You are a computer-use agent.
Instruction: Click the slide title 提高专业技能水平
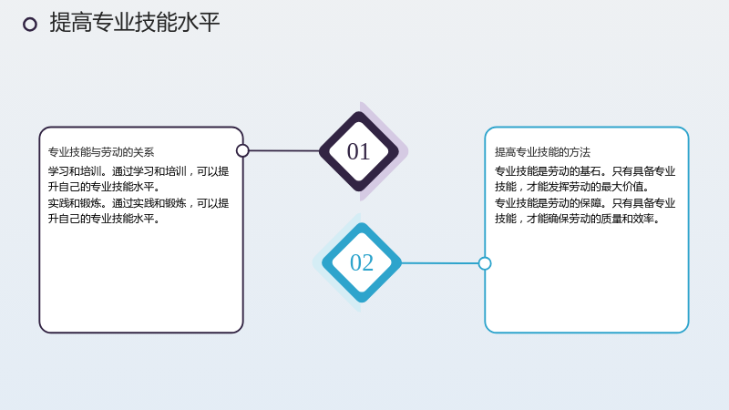point(134,22)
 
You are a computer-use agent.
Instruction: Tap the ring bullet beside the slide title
point(30,25)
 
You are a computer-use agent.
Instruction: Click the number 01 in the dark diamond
point(358,151)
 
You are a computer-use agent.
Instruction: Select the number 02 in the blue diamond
point(361,262)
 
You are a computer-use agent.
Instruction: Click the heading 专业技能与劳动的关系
point(101,152)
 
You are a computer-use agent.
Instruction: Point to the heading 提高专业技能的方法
point(542,152)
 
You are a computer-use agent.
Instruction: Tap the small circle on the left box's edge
point(242,150)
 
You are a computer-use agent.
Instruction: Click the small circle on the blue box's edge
point(485,263)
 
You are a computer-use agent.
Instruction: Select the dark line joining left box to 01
point(284,150)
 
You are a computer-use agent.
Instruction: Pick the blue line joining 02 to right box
point(440,263)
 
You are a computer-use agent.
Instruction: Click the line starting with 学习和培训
point(139,171)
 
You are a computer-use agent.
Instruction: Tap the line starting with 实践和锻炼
point(139,203)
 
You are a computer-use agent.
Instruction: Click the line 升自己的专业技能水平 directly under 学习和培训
point(104,187)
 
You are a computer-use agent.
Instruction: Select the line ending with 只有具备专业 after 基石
point(585,171)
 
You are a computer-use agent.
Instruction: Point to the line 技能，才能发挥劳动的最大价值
point(572,187)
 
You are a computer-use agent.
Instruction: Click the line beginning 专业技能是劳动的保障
point(585,203)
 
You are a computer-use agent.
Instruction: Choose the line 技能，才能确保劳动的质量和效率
point(578,219)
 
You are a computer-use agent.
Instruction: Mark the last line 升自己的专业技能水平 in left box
point(104,219)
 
